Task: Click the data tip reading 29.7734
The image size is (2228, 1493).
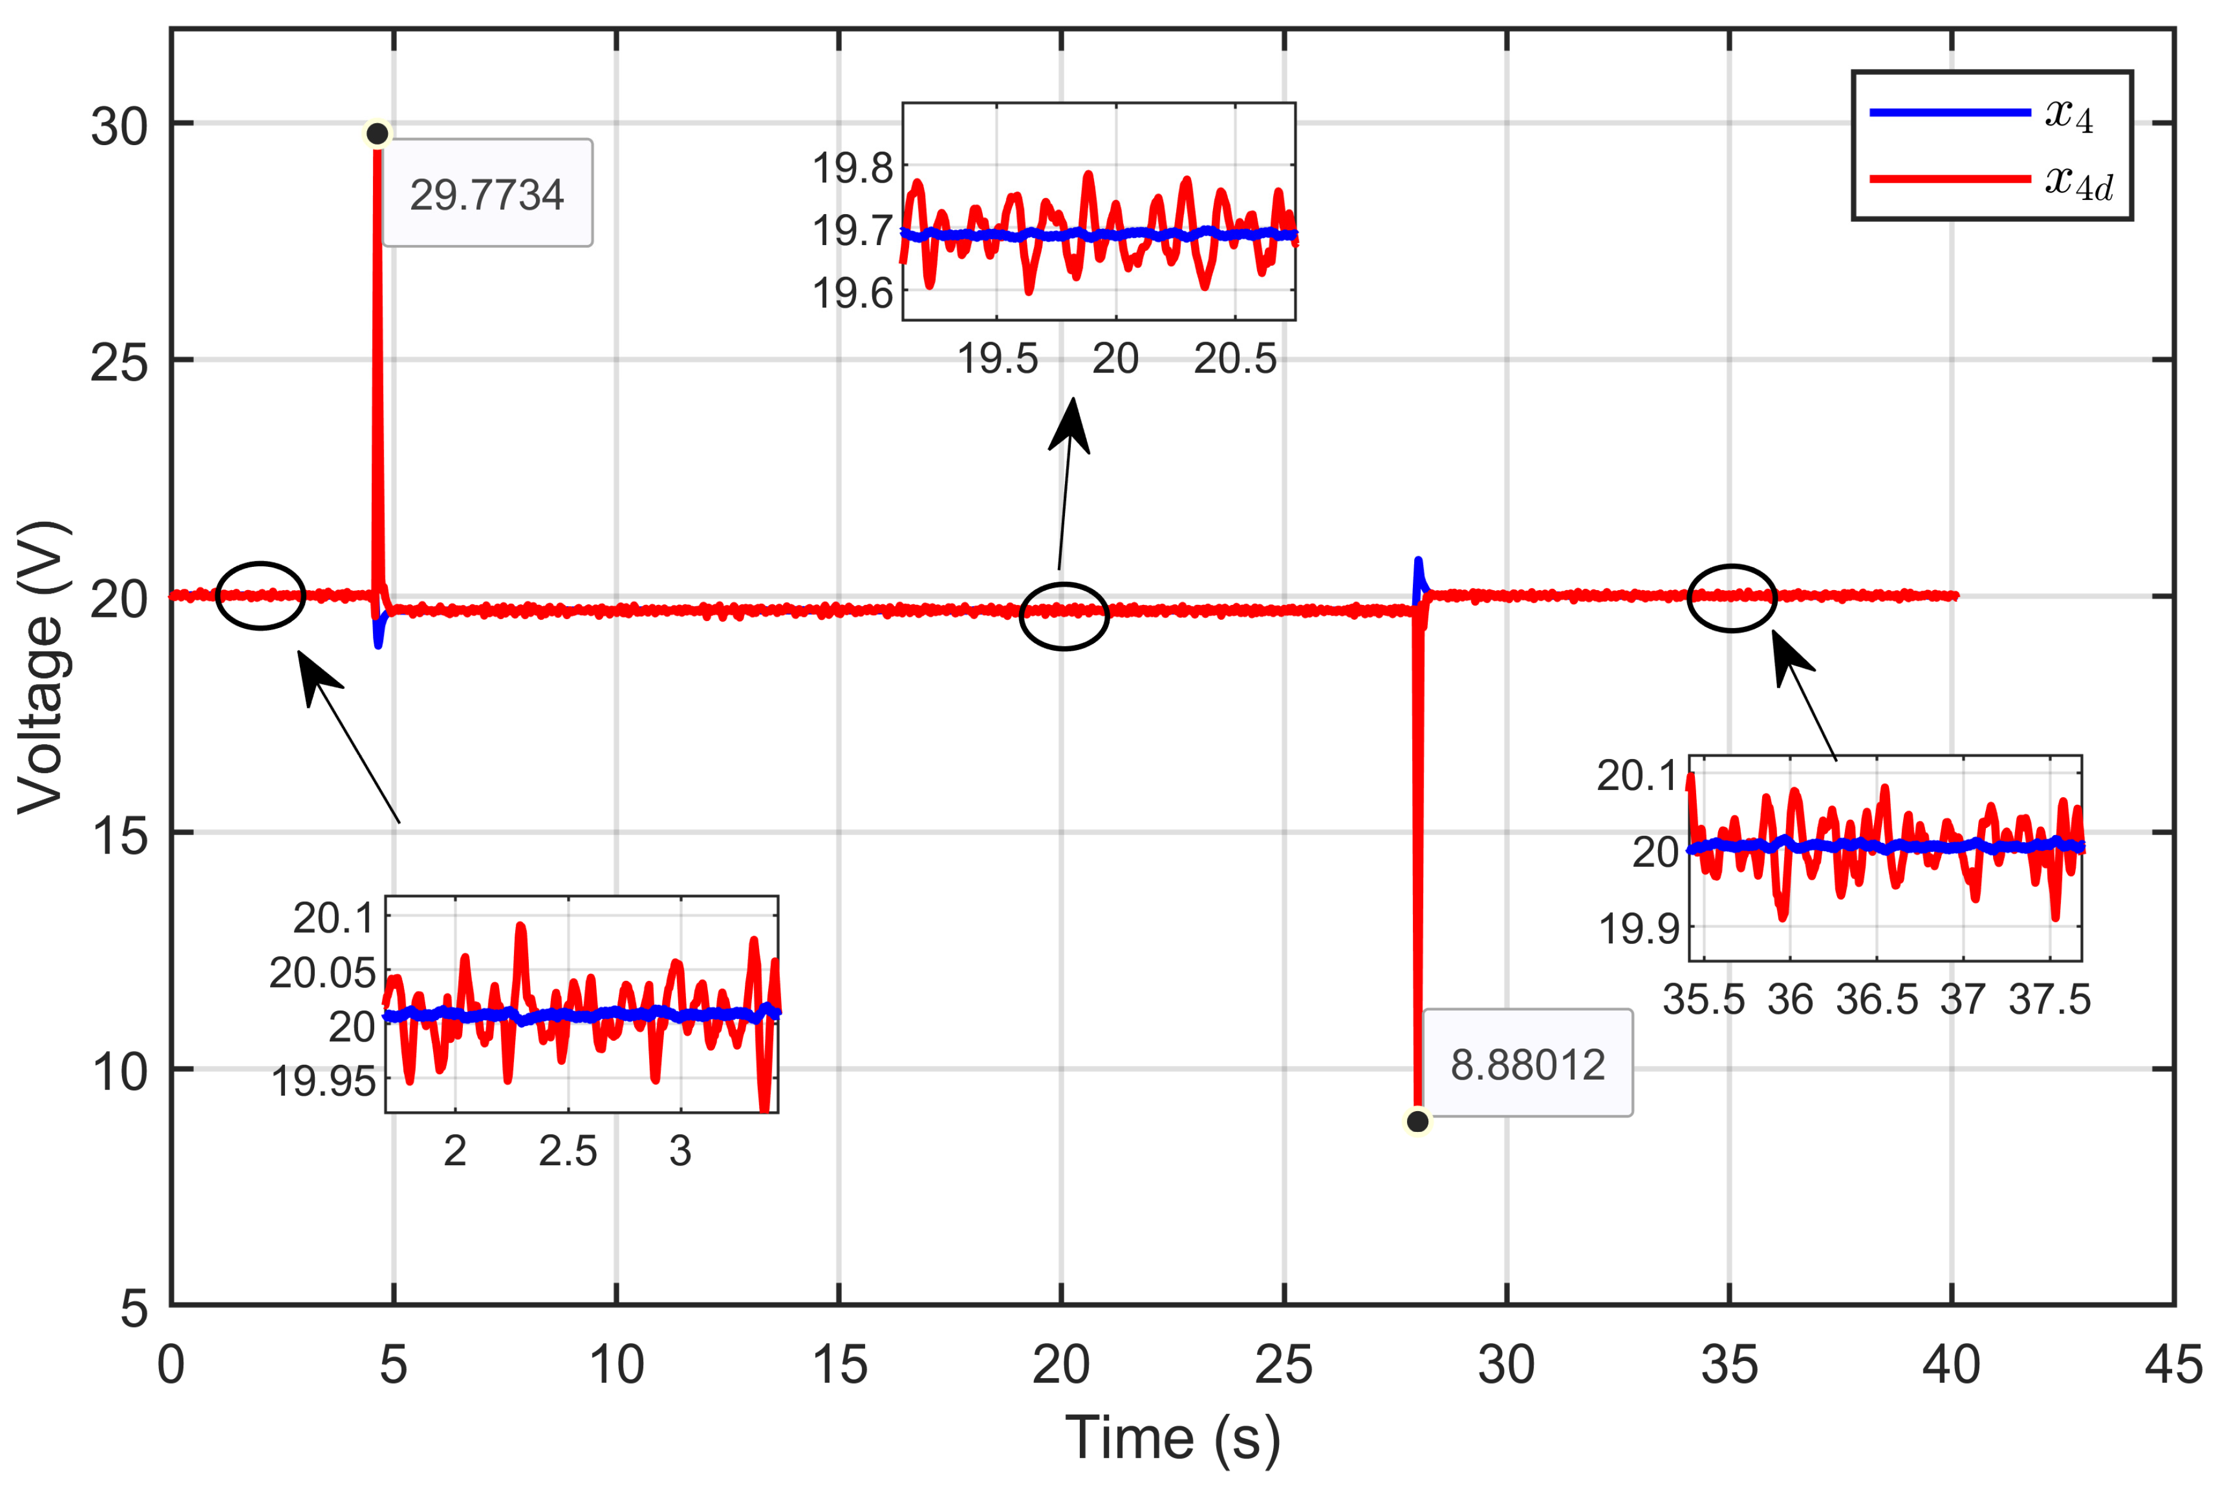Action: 487,195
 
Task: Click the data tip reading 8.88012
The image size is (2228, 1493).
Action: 1527,1064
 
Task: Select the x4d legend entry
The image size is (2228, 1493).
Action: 1990,180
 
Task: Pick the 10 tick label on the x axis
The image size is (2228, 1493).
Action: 616,1365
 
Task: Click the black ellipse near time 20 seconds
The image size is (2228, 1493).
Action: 1064,616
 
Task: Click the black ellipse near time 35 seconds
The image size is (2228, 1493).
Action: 1732,598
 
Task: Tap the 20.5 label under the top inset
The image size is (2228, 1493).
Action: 1235,359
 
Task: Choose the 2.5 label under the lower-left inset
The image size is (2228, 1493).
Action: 568,1151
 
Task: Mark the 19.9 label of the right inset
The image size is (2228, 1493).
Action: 1638,929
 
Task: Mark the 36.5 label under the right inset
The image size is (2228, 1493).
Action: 1876,1000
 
